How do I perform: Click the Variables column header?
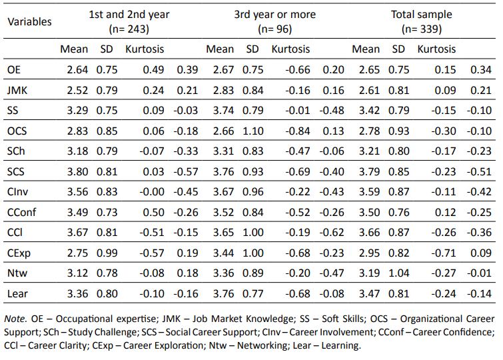(29, 21)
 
